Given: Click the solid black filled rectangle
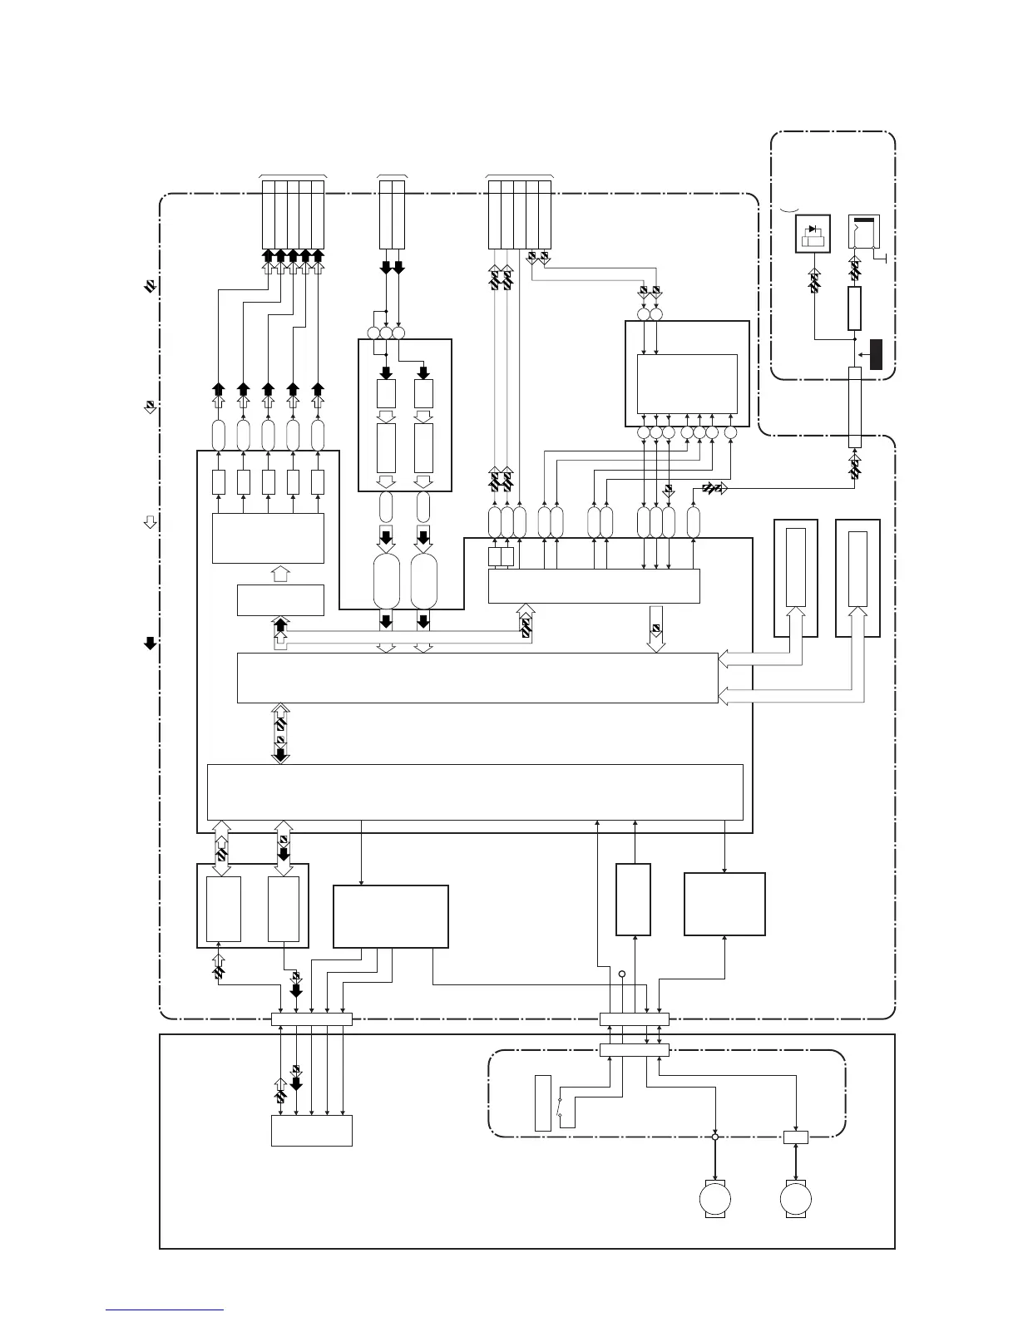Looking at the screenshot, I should (876, 354).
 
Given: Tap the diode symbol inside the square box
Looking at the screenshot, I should (812, 229).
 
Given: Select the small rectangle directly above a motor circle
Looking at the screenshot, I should (796, 1137).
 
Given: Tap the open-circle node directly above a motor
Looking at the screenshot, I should (715, 1137).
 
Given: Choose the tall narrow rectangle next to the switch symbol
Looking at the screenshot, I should (542, 1102).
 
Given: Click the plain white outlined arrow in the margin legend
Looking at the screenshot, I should (151, 522).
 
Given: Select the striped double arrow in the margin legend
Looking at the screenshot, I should (151, 287).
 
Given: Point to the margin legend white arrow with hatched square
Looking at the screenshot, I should (151, 407).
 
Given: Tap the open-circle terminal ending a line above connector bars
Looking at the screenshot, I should (621, 974).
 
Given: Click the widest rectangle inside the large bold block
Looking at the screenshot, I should (474, 792).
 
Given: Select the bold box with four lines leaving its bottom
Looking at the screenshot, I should (390, 916).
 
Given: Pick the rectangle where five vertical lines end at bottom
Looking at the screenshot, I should (312, 1130).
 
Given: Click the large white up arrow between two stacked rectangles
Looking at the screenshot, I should (280, 574).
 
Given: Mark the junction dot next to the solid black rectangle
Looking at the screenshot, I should (855, 338).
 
